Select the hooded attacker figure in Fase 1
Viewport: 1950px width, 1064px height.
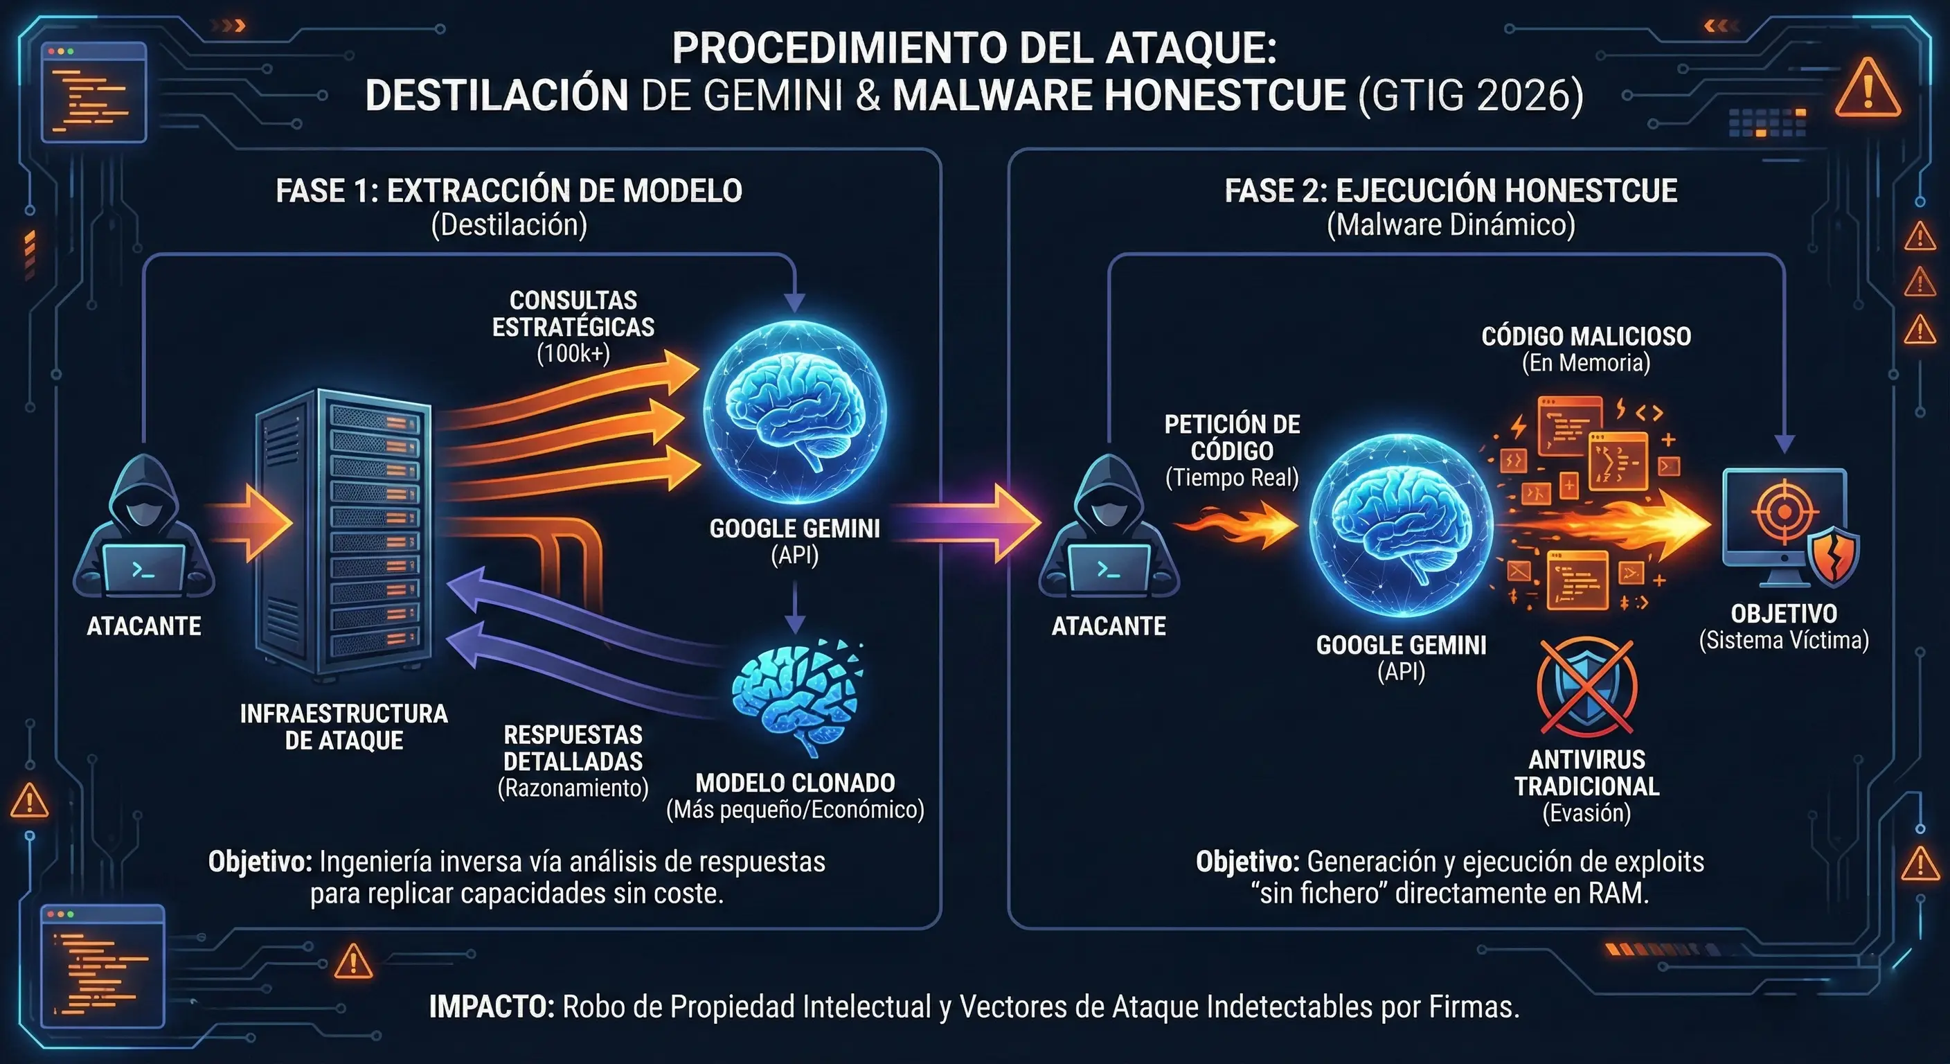tap(144, 530)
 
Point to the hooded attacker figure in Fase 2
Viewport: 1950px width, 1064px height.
tap(1109, 530)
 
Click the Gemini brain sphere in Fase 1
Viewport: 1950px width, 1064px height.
tap(795, 413)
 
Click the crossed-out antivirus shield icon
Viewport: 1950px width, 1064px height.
tap(1586, 688)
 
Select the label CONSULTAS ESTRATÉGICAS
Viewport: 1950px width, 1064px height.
tap(573, 314)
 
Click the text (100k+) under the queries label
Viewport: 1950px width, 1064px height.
tap(573, 354)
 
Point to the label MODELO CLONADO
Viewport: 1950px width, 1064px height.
tap(795, 782)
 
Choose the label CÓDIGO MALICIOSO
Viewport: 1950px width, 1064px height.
tap(1586, 336)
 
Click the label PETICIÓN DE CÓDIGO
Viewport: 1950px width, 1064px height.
tap(1232, 438)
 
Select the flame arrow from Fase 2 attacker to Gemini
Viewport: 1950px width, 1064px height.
tap(1237, 524)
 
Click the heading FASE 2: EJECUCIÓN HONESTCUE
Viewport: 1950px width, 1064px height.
tap(1451, 190)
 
